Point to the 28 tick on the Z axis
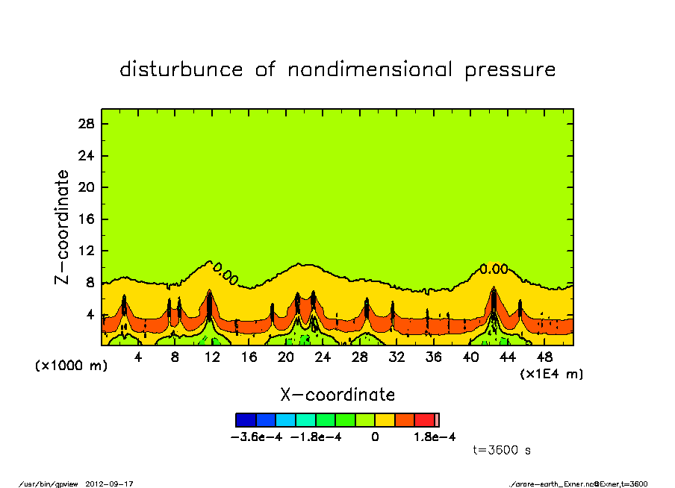(x=86, y=124)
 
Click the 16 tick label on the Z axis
(x=86, y=219)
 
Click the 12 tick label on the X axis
(x=211, y=357)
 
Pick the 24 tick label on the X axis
(x=323, y=357)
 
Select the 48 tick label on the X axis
(x=544, y=357)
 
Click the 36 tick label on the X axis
(x=433, y=357)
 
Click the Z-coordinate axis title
(x=63, y=226)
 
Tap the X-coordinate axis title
(x=337, y=395)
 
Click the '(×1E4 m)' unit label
(x=551, y=374)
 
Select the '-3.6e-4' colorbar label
(x=258, y=437)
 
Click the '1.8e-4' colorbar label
(x=435, y=437)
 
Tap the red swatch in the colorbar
(x=424, y=420)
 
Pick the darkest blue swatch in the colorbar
(x=246, y=420)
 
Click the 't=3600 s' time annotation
(x=502, y=450)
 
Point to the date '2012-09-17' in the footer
(x=115, y=484)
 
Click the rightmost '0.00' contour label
(x=494, y=269)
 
